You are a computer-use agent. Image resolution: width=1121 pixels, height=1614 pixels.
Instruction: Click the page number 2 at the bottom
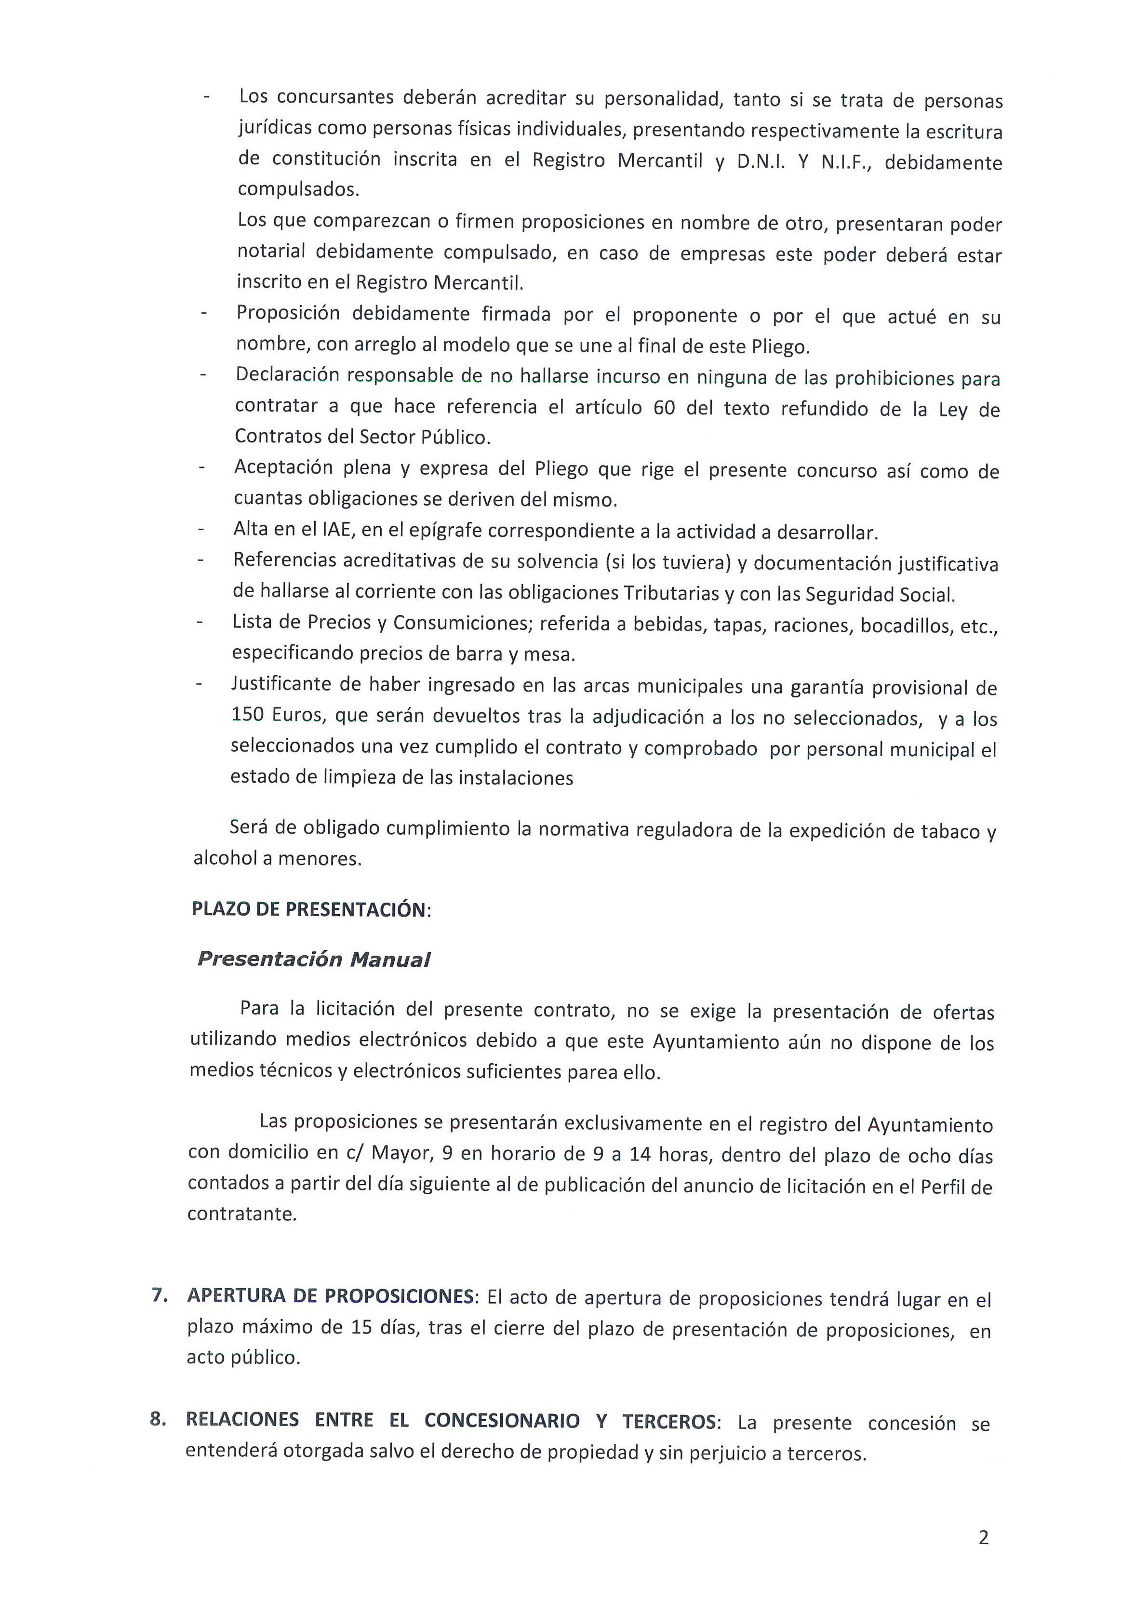(983, 1537)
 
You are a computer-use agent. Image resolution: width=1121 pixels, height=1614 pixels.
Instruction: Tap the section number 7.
(160, 1295)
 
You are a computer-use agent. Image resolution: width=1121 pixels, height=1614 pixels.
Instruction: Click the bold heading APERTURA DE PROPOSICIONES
(331, 1296)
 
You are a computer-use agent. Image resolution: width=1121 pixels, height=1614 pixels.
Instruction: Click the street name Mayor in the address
(401, 1153)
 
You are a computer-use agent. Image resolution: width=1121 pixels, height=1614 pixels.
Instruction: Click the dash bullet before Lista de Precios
(201, 622)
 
